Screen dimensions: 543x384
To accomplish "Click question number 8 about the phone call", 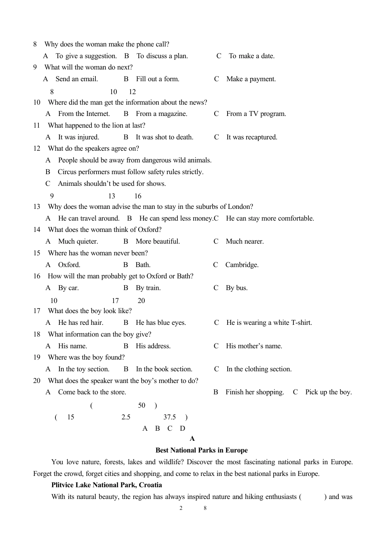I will point(35,44).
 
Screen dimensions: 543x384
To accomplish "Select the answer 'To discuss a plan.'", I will point(162,56).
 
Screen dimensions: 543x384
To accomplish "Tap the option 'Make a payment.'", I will point(251,79).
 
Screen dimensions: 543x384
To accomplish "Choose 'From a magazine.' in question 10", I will point(161,114).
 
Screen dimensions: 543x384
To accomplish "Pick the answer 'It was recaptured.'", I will point(251,137).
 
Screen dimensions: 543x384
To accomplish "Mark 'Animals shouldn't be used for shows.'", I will point(112,184).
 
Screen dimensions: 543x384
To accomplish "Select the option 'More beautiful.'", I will point(158,242).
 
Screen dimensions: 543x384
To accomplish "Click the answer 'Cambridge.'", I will point(242,265).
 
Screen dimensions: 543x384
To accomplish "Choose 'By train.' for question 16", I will point(148,288).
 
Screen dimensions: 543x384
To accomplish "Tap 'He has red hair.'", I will point(80,323).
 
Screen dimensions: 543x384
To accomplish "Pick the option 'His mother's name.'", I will point(254,346).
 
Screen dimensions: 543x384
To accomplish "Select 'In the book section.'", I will point(164,369).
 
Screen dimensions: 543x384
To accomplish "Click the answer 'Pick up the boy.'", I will point(328,392).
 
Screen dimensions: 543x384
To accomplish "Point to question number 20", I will point(37,381).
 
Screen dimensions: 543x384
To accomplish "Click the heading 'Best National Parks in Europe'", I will point(201,450).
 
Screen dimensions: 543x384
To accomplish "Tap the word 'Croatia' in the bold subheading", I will point(150,485).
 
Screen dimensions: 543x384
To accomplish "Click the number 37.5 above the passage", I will point(169,417).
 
